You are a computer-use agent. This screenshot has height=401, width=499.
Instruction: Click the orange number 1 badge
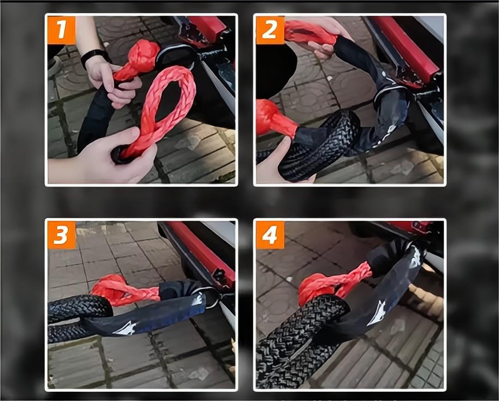click(61, 30)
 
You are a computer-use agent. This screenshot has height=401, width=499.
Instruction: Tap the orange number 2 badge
click(270, 30)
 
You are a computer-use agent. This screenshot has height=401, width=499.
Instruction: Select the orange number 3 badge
click(61, 235)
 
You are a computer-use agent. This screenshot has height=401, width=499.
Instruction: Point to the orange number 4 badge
click(270, 235)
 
